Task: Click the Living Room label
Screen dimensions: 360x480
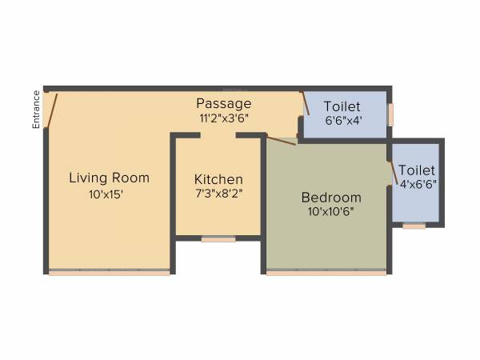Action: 109,178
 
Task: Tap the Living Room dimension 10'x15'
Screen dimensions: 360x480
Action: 106,193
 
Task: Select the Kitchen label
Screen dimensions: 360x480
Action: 218,179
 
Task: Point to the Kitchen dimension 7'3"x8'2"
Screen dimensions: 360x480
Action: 218,193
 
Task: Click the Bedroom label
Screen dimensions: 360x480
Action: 331,198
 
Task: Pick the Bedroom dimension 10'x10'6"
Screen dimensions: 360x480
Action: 330,212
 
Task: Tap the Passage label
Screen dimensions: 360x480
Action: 224,103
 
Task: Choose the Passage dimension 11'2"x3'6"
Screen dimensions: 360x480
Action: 225,118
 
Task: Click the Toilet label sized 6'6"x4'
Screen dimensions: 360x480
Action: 342,106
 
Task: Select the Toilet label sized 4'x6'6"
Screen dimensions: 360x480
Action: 417,170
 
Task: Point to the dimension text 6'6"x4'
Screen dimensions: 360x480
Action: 342,121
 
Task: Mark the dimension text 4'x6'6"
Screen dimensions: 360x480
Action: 417,184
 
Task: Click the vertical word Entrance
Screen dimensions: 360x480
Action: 36,109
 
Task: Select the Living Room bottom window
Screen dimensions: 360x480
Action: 109,273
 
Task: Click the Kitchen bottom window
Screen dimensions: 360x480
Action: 218,238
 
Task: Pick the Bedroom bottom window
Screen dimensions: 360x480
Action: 326,273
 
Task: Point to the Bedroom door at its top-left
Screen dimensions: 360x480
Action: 281,141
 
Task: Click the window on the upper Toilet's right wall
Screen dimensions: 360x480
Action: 390,114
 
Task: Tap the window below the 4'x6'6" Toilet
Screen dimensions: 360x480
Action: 414,226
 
